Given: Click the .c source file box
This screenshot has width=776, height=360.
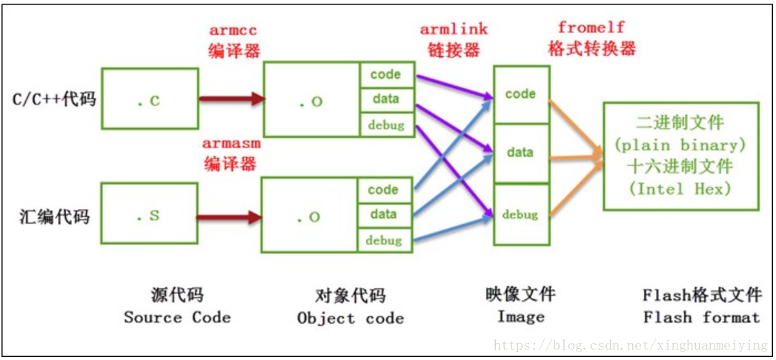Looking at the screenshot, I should [x=150, y=99].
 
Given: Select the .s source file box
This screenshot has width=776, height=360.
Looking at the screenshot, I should [x=150, y=215].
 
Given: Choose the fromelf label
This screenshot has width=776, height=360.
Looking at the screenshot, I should [x=591, y=27].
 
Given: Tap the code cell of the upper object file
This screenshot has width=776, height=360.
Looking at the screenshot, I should [x=385, y=75].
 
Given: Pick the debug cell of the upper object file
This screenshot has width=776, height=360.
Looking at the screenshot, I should [x=386, y=124].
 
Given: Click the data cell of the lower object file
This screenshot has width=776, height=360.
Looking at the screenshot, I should [x=384, y=215].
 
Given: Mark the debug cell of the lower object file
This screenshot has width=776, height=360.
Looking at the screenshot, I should [x=384, y=240].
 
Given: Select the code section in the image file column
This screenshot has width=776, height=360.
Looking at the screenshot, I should [x=520, y=95].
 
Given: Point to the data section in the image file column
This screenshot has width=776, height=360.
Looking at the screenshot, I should [x=520, y=153].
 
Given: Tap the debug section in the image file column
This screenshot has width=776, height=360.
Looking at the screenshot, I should [x=520, y=215].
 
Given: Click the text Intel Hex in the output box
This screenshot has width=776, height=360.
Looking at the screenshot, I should [x=680, y=188].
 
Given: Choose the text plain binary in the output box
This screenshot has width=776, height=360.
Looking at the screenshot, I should [x=680, y=144].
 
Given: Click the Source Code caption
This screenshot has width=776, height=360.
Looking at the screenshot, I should [x=177, y=318].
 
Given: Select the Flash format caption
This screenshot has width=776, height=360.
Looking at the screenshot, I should [x=701, y=318].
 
